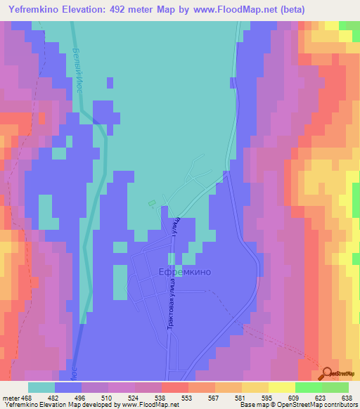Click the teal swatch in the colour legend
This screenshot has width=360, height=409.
point(41,387)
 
